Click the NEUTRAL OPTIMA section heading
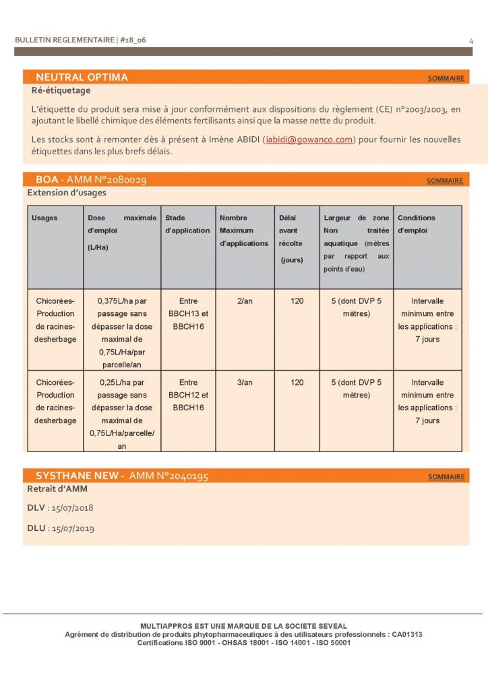(x=82, y=77)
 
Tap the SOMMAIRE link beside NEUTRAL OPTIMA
(x=446, y=79)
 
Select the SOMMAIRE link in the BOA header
(x=445, y=181)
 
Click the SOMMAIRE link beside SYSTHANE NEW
(x=446, y=477)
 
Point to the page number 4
(x=471, y=41)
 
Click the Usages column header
(x=44, y=218)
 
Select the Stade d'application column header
(x=187, y=224)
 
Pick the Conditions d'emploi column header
(x=417, y=224)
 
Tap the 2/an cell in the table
(x=245, y=301)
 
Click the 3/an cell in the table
(x=245, y=383)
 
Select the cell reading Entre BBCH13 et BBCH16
(x=188, y=314)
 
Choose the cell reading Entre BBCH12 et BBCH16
(x=188, y=396)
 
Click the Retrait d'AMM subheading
(x=57, y=489)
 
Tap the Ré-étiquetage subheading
(x=61, y=90)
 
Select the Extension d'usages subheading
(x=66, y=193)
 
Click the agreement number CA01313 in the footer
(x=409, y=635)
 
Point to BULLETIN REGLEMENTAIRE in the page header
(x=64, y=40)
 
